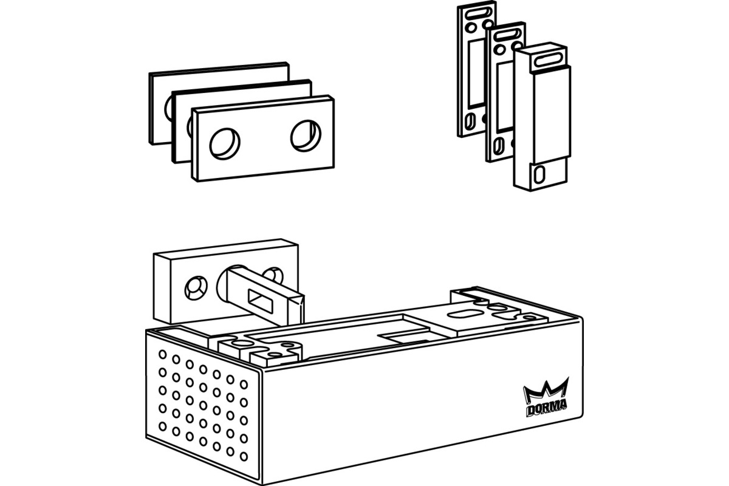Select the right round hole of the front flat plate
pyautogui.click(x=305, y=135)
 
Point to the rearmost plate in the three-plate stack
pyautogui.click(x=159, y=106)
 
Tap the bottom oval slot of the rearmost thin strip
pyautogui.click(x=469, y=124)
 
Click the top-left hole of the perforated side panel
pyautogui.click(x=163, y=354)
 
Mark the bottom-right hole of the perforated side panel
pyautogui.click(x=244, y=456)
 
